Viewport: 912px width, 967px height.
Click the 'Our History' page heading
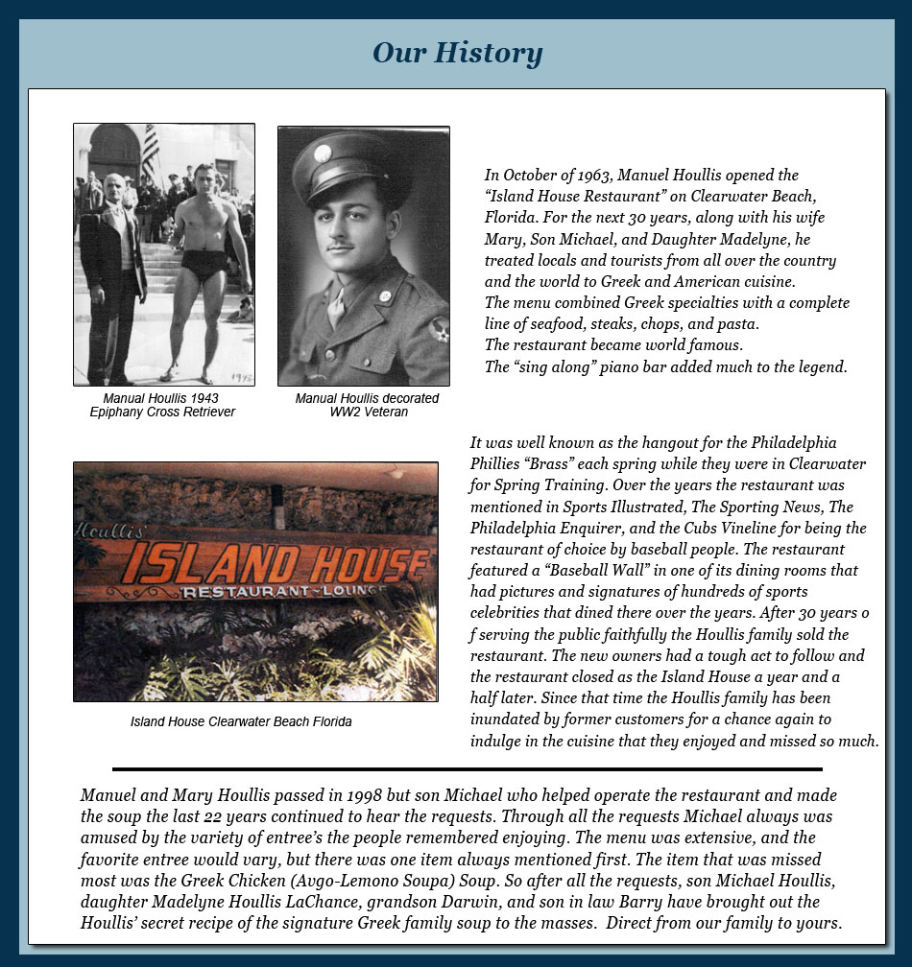[x=457, y=53]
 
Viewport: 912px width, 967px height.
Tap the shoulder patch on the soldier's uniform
[x=440, y=329]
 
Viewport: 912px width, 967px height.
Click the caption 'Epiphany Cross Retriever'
[x=162, y=413]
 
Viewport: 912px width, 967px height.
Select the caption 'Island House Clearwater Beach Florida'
[x=241, y=721]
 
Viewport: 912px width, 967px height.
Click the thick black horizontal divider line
[x=467, y=768]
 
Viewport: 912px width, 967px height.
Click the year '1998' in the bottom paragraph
[x=364, y=796]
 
